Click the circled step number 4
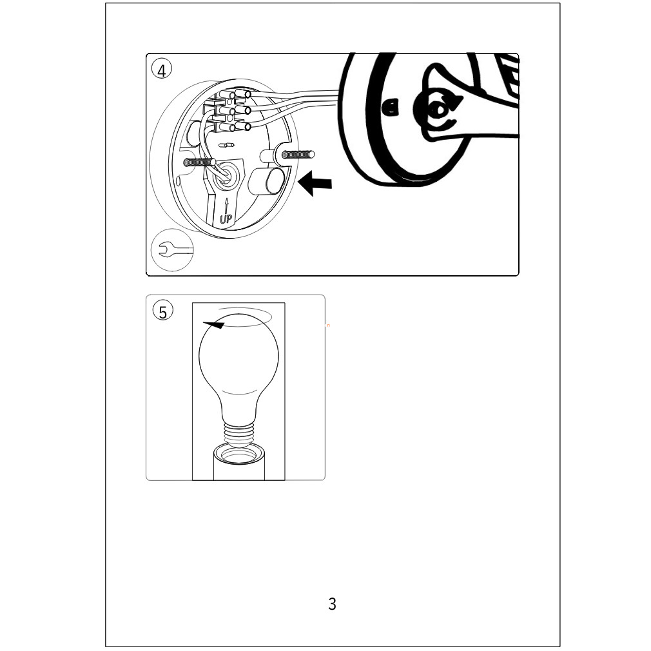pos(162,70)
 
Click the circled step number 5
pos(162,311)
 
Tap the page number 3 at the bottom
pos(332,604)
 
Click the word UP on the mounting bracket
pos(226,218)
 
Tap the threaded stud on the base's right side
pos(298,155)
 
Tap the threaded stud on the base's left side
pos(199,162)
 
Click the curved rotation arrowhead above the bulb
pos(213,325)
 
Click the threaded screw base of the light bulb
pos(238,434)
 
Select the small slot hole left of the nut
pos(391,107)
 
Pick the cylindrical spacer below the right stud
pos(267,180)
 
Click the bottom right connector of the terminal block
pos(243,125)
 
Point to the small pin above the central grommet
pos(226,145)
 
